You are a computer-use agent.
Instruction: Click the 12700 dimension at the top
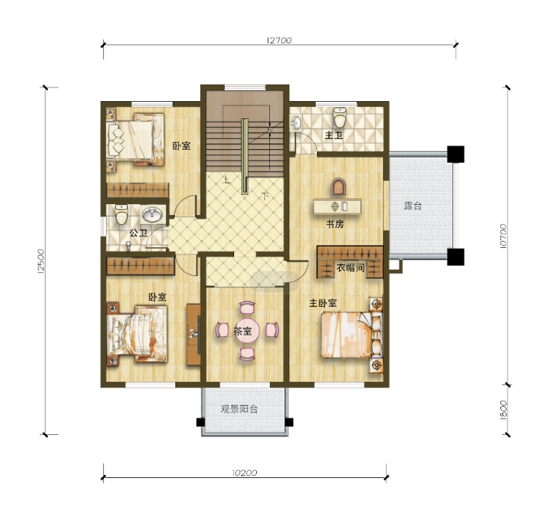pyautogui.click(x=279, y=40)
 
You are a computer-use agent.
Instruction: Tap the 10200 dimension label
pyautogui.click(x=245, y=473)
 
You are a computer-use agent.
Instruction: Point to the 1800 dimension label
pyautogui.click(x=503, y=410)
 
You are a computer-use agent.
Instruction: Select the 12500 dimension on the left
pyautogui.click(x=41, y=261)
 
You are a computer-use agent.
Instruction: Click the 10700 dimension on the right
pyautogui.click(x=503, y=236)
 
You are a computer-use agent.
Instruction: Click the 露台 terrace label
pyautogui.click(x=413, y=206)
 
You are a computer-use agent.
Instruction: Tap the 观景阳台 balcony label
pyautogui.click(x=239, y=408)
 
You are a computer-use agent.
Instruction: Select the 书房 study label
pyautogui.click(x=335, y=224)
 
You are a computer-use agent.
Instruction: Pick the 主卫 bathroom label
pyautogui.click(x=334, y=135)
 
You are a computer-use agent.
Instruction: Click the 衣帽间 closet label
pyautogui.click(x=351, y=267)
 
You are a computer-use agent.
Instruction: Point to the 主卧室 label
pyautogui.click(x=323, y=303)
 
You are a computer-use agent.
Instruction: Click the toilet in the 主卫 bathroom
pyautogui.click(x=340, y=118)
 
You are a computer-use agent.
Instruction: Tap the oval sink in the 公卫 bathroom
pyautogui.click(x=152, y=215)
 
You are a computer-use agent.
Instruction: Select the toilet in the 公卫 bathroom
pyautogui.click(x=122, y=214)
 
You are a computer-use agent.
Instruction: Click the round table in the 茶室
pyautogui.click(x=247, y=330)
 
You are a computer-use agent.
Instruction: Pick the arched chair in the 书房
pyautogui.click(x=339, y=186)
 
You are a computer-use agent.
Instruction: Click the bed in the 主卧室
pyautogui.click(x=351, y=335)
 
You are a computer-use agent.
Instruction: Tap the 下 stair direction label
pyautogui.click(x=265, y=196)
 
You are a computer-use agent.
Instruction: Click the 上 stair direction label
pyautogui.click(x=226, y=180)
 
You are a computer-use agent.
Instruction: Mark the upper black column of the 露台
pyautogui.click(x=455, y=154)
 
